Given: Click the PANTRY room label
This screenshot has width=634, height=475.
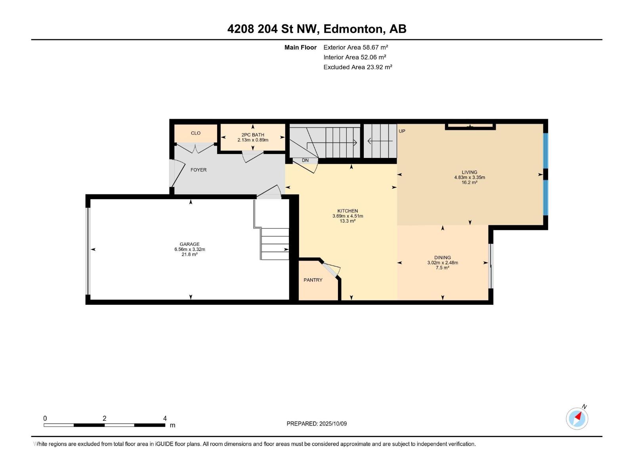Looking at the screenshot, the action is [x=313, y=280].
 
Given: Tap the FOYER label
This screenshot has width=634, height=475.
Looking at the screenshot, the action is [x=199, y=170].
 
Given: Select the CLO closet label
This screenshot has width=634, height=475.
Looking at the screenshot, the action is [x=195, y=133].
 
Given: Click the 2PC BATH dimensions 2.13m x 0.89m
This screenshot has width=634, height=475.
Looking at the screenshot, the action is [x=253, y=140].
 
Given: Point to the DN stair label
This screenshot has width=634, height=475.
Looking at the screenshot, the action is [x=305, y=160].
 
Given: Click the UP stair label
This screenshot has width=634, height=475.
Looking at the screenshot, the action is [x=402, y=131].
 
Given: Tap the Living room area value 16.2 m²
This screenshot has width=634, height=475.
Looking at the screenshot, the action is [x=470, y=182].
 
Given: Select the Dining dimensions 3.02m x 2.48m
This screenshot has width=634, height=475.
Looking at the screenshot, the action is [x=443, y=263].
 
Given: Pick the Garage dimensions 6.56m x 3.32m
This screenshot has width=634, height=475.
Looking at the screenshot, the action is [x=189, y=249].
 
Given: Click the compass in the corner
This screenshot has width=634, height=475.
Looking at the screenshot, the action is [x=577, y=418].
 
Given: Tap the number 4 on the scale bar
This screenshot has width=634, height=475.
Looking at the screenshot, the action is [x=165, y=418].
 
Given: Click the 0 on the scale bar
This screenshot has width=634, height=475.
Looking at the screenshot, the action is [x=45, y=418].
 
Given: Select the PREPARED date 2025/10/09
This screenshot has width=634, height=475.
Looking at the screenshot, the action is [x=333, y=424].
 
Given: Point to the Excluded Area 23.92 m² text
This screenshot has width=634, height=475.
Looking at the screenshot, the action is [x=357, y=67].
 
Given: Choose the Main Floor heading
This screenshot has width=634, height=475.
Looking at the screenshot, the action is [x=300, y=47].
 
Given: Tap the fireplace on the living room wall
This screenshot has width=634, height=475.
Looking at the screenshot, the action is [x=470, y=126].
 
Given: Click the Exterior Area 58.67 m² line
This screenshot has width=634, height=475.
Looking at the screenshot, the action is [x=355, y=47].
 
